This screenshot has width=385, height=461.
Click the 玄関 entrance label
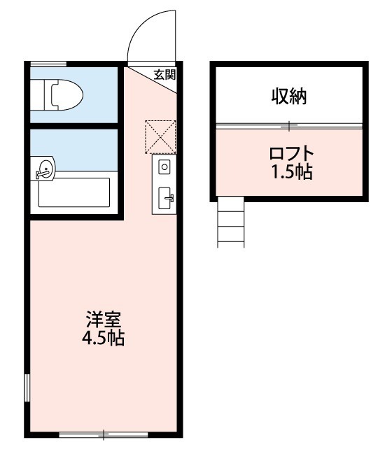164,75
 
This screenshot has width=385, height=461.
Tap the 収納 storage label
289,96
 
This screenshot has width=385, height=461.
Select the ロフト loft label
291,153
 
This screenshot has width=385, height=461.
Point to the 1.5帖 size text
291,171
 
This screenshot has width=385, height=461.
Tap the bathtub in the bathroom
74,192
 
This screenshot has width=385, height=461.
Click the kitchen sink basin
166,198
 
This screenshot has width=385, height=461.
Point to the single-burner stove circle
164,167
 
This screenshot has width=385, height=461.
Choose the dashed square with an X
160,136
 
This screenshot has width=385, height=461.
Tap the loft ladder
231,222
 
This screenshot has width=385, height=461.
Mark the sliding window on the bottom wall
104,434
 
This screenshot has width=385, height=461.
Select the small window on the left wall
27,388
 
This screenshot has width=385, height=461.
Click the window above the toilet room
48,64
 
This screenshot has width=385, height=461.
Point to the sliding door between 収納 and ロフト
289,126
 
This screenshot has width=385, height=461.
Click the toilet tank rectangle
37,94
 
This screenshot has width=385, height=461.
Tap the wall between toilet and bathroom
73,126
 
